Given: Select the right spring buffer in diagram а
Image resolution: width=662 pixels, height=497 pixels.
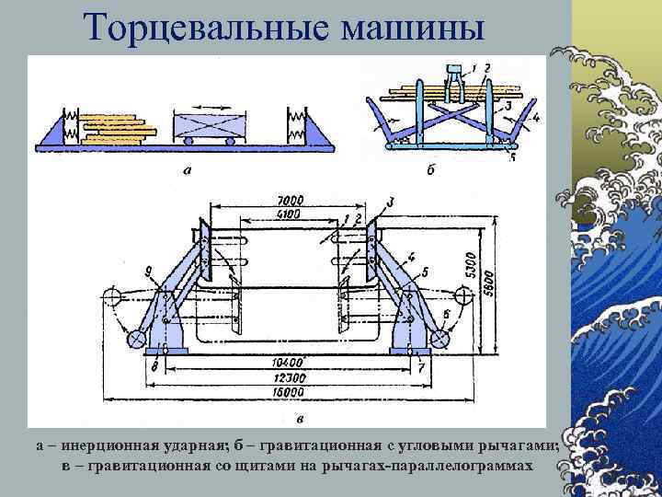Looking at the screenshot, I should [296, 125].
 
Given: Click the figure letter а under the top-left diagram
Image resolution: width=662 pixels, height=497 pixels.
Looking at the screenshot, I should [188, 169].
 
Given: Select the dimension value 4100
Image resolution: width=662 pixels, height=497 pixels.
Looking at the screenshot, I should [291, 214].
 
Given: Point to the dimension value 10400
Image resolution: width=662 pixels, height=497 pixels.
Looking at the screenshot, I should [292, 362].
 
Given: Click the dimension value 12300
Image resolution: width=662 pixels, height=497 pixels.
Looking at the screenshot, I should [292, 378].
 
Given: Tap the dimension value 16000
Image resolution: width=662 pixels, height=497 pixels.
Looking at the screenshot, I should [292, 393].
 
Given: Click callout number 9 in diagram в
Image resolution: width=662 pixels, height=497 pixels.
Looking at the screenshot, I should [148, 270].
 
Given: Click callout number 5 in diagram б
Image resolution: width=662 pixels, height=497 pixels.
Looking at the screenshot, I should [513, 158].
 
